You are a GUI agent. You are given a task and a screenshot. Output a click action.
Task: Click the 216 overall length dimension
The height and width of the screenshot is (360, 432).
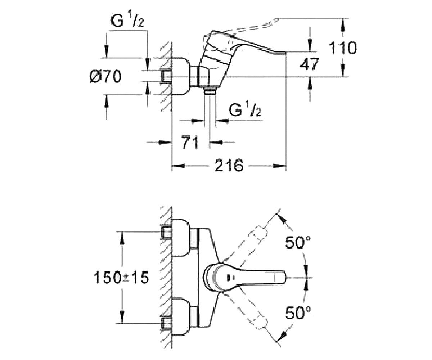[x=229, y=165]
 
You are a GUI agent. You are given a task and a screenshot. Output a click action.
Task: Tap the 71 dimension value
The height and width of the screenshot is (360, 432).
[x=190, y=142]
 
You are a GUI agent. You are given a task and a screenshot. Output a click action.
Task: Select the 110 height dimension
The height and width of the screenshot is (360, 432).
[x=343, y=48]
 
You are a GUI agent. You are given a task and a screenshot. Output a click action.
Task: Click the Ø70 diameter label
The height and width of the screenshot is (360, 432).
[x=106, y=76]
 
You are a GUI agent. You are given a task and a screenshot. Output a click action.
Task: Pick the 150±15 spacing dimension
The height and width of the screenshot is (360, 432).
[x=121, y=278]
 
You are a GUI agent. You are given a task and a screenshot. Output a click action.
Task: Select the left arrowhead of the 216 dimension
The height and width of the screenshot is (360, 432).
[x=178, y=166]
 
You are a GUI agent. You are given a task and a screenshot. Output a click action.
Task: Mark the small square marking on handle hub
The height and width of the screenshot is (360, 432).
[x=230, y=278]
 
